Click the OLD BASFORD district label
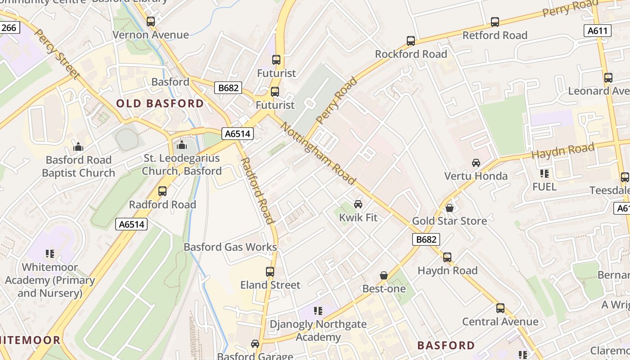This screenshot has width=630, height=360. pyautogui.click(x=160, y=103)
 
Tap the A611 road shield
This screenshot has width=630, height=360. pyautogui.click(x=598, y=31)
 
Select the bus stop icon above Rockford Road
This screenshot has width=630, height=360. pyautogui.click(x=410, y=41)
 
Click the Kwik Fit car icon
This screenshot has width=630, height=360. pyautogui.click(x=358, y=204)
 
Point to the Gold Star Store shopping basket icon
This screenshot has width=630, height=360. pyautogui.click(x=449, y=207)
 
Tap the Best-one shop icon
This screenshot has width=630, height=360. pyautogui.click(x=384, y=275)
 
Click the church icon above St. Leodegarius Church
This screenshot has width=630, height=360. pyautogui.click(x=182, y=145)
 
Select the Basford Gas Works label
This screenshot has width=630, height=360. pyautogui.click(x=230, y=247)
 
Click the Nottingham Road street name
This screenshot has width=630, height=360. pyautogui.click(x=318, y=153)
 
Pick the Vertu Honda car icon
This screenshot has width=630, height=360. pyautogui.click(x=476, y=162)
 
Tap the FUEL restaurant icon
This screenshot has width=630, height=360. pyautogui.click(x=544, y=173)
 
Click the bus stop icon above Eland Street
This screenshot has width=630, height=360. pyautogui.click(x=270, y=272)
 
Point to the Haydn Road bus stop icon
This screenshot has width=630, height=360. pyautogui.click(x=447, y=257)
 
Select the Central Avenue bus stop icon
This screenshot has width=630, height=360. pyautogui.click(x=500, y=308)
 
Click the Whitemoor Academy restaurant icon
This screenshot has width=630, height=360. pyautogui.click(x=50, y=254)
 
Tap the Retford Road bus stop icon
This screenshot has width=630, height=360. pyautogui.click(x=495, y=22)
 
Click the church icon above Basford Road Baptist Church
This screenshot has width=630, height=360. pyautogui.click(x=78, y=147)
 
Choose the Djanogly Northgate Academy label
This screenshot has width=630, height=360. pyautogui.click(x=318, y=330)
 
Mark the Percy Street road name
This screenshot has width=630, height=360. pyautogui.click(x=57, y=54)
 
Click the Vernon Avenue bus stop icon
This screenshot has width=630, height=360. pyautogui.click(x=151, y=21)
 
